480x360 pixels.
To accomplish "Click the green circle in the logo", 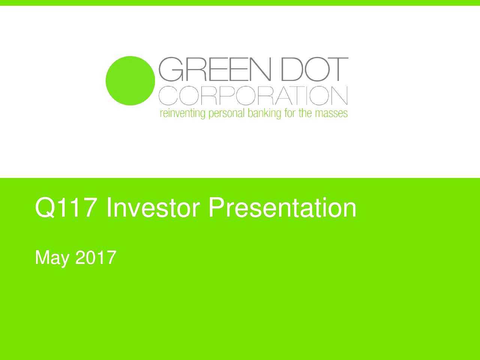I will point(130,81).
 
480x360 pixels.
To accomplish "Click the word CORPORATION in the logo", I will point(253,96).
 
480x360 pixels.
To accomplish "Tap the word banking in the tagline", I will point(262,113).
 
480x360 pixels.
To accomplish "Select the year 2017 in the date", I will point(96,258).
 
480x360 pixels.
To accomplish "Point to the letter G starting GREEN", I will point(172,69).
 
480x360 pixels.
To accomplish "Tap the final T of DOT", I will point(337,69).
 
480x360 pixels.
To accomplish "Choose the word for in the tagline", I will point(290,113).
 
